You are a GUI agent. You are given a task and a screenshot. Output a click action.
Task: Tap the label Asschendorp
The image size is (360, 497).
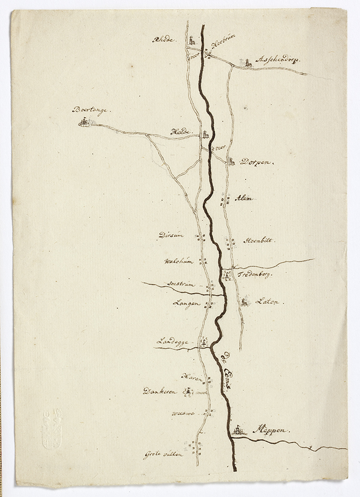[277, 60]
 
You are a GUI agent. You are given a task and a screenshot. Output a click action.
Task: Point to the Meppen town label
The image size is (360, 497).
[271, 430]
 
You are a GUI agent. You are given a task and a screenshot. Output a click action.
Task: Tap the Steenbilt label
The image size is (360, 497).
[259, 240]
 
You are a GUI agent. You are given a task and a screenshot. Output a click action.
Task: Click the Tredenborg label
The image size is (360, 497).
[255, 275]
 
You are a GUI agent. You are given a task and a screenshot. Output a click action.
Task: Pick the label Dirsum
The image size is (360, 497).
[171, 236]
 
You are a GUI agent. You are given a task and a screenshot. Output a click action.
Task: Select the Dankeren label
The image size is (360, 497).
[161, 391]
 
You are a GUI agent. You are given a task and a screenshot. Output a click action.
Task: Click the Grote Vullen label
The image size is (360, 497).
[163, 454]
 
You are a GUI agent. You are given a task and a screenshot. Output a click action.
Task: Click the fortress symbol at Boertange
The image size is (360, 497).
[84, 123]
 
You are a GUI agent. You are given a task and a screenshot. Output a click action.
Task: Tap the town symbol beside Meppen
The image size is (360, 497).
[238, 431]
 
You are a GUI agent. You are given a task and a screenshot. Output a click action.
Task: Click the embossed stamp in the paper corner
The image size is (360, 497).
[53, 429]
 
